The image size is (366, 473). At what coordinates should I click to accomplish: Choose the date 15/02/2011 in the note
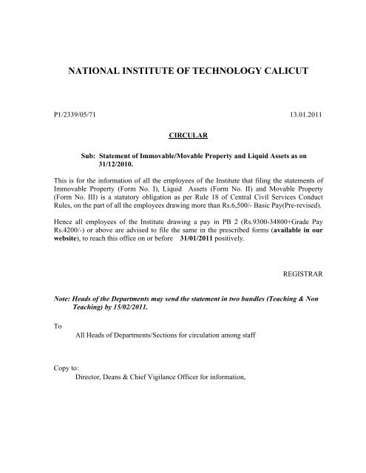click(130, 333)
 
